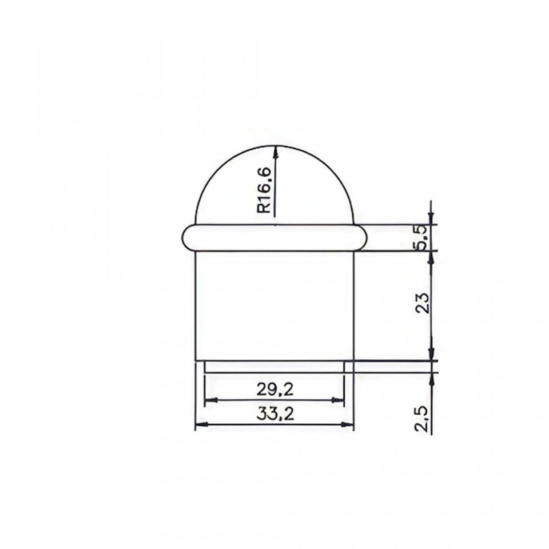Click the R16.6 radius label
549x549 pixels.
click(264, 190)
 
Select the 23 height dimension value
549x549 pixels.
click(423, 302)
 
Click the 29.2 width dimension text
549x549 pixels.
click(275, 389)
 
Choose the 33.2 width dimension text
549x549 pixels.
click(275, 414)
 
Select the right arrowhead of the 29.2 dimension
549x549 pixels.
click(338, 400)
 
